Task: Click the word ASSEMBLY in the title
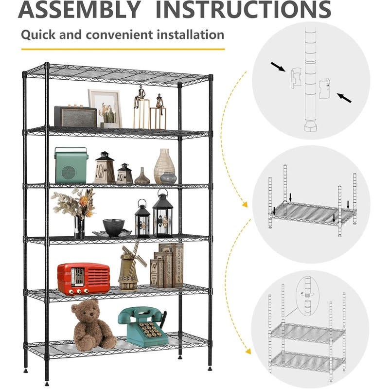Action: (x=80, y=9)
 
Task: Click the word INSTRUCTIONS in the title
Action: (x=244, y=9)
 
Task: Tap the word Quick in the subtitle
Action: (x=38, y=35)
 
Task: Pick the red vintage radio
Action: (x=83, y=279)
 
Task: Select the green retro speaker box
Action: (x=71, y=165)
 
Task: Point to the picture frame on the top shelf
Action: (x=105, y=108)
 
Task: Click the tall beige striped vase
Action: (x=164, y=166)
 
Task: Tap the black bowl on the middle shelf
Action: (x=114, y=227)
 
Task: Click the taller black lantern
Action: (x=162, y=214)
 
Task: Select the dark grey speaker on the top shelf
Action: (x=75, y=116)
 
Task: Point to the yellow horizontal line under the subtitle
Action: (x=123, y=49)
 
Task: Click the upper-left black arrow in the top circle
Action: (x=278, y=67)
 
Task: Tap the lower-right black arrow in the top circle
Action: (x=344, y=98)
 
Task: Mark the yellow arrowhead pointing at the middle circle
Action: (x=245, y=205)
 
